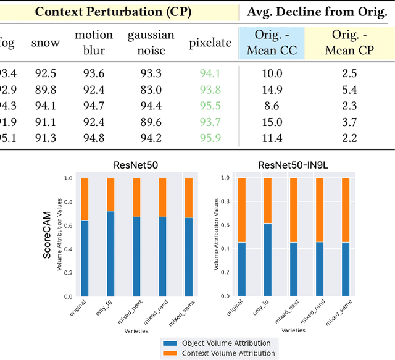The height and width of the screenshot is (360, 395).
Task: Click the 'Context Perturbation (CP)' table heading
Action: pos(112,12)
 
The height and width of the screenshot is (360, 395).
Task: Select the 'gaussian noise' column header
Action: pos(151,42)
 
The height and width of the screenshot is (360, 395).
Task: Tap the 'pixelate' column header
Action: pos(210,43)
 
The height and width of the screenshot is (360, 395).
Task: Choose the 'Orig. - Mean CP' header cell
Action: pos(349,42)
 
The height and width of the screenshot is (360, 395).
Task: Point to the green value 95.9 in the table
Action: pos(210,138)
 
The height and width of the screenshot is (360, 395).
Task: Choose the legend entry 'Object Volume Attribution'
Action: pos(218,343)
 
